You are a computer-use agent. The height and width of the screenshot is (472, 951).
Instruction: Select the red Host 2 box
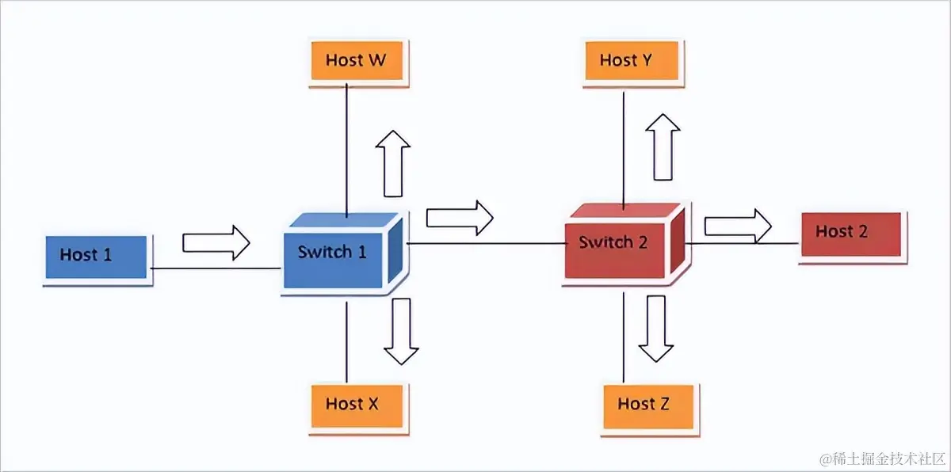pyautogui.click(x=850, y=234)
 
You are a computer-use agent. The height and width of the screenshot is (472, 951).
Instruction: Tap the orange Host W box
pyautogui.click(x=356, y=61)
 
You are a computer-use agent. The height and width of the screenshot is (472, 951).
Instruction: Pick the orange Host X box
pyautogui.click(x=353, y=404)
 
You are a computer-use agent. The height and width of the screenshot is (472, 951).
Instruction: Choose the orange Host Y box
pyautogui.click(x=626, y=61)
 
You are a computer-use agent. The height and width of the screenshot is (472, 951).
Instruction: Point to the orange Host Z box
pyautogui.click(x=644, y=405)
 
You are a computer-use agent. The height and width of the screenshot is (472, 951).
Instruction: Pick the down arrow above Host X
pyautogui.click(x=401, y=331)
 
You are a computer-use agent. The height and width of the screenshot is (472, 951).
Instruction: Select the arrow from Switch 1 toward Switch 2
pyautogui.click(x=459, y=217)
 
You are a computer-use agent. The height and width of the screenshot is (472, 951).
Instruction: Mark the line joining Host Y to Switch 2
pyautogui.click(x=624, y=147)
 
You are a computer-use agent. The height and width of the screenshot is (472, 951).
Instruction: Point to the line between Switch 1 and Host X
pyautogui.click(x=347, y=341)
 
